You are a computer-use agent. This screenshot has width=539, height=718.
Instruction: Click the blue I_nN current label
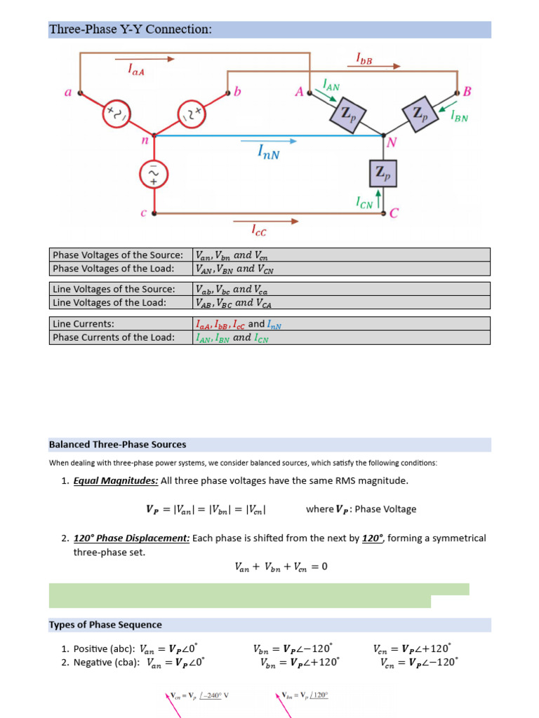[x=269, y=152]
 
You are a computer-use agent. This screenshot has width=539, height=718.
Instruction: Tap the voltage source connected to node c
[x=154, y=175]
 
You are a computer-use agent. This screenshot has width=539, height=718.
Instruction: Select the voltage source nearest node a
[x=117, y=113]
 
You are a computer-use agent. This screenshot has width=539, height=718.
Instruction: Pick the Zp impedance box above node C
[x=383, y=173]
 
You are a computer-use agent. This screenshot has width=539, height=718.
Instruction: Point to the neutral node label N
[x=392, y=143]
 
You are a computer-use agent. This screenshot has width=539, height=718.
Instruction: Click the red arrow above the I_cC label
[x=266, y=221]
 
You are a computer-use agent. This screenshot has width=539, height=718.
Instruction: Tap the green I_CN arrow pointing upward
[x=378, y=198]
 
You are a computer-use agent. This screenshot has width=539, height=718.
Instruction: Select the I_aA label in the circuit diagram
[x=136, y=69]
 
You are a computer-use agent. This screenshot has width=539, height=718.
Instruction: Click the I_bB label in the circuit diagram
[x=364, y=59]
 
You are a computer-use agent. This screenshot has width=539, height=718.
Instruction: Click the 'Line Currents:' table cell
[x=121, y=324]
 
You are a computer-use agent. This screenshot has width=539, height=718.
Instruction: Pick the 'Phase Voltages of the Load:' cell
[x=121, y=269]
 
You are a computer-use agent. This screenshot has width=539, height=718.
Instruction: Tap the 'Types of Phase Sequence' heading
[x=105, y=625]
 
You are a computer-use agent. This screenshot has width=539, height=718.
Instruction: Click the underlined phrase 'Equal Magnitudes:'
[x=116, y=481]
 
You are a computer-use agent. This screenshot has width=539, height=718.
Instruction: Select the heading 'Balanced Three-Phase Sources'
[x=118, y=444]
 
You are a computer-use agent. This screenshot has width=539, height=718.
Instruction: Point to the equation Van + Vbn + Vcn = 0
[x=281, y=567]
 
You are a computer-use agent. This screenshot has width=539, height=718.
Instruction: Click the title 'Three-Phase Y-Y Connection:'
[x=131, y=29]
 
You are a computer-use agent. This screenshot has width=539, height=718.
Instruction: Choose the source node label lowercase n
[x=145, y=140]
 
